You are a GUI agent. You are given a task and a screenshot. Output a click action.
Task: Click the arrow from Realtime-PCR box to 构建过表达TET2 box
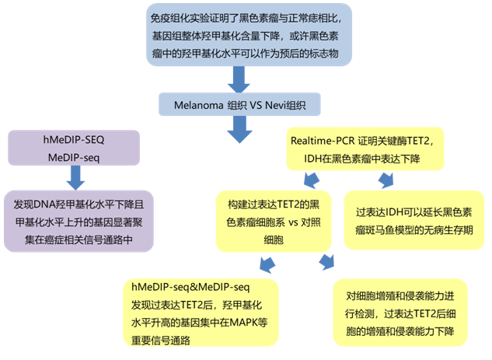click(310, 181)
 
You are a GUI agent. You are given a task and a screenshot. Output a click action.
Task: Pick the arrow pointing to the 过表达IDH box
click(386, 180)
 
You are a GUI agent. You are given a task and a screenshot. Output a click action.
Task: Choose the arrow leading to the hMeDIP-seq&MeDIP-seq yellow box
click(267, 266)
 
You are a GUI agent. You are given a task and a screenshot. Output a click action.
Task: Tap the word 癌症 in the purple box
click(70, 240)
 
